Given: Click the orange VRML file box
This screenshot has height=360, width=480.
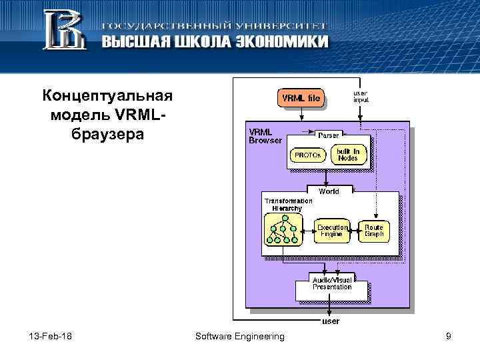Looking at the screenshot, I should (x=301, y=99).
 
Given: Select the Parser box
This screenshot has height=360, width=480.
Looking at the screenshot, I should (x=327, y=135).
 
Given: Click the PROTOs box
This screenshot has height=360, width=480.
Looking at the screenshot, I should (x=308, y=155).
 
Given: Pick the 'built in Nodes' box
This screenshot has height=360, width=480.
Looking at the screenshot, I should (x=347, y=155).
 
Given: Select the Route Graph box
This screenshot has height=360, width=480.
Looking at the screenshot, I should (x=374, y=231).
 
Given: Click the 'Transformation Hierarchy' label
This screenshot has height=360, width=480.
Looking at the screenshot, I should (x=288, y=204).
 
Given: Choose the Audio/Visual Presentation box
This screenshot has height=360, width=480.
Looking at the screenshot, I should (x=332, y=283).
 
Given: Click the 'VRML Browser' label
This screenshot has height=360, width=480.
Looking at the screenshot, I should (x=265, y=136).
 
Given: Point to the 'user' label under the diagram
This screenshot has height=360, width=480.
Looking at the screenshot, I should (x=331, y=321).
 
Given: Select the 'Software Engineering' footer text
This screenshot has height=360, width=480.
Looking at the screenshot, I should (x=239, y=337).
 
